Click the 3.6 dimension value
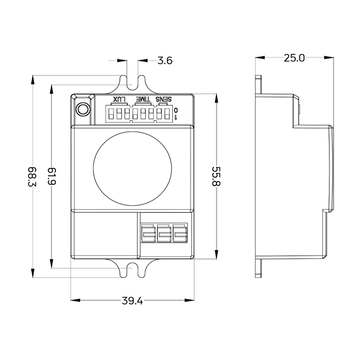(165, 61)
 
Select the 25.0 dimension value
(294, 58)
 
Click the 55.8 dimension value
(216, 176)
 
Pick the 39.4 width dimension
(132, 301)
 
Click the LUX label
(119, 100)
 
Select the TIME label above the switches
(142, 100)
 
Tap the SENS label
(163, 100)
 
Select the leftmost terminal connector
(148, 233)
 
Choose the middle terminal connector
(164, 233)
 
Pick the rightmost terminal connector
(180, 233)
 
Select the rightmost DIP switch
(167, 114)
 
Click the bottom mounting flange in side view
(258, 268)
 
